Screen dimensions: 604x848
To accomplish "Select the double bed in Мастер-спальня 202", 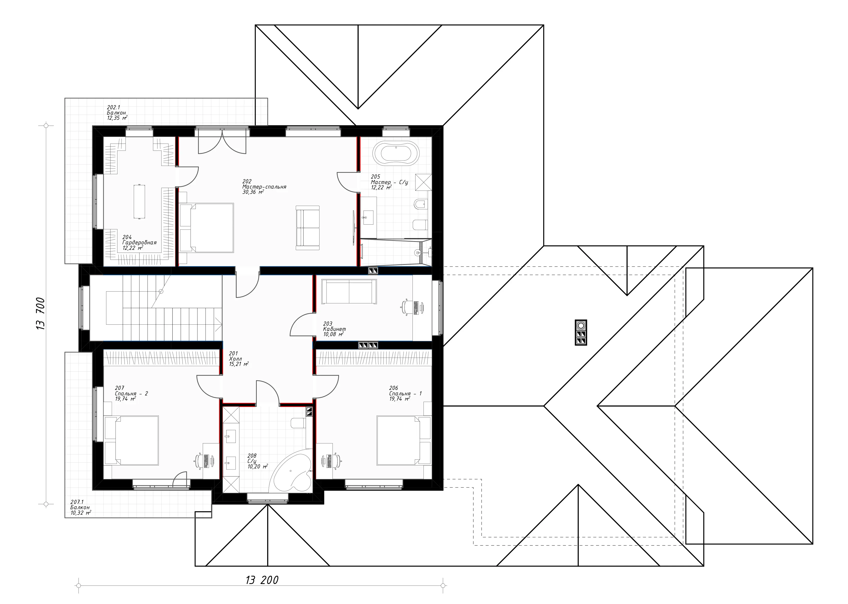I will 207,228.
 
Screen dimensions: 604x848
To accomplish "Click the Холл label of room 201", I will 235,359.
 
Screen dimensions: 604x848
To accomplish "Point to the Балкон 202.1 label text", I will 116,113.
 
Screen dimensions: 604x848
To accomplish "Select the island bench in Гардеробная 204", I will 139,202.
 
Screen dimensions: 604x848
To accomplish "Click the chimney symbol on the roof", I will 581,332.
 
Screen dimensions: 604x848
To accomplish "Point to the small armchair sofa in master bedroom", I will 307,228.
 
